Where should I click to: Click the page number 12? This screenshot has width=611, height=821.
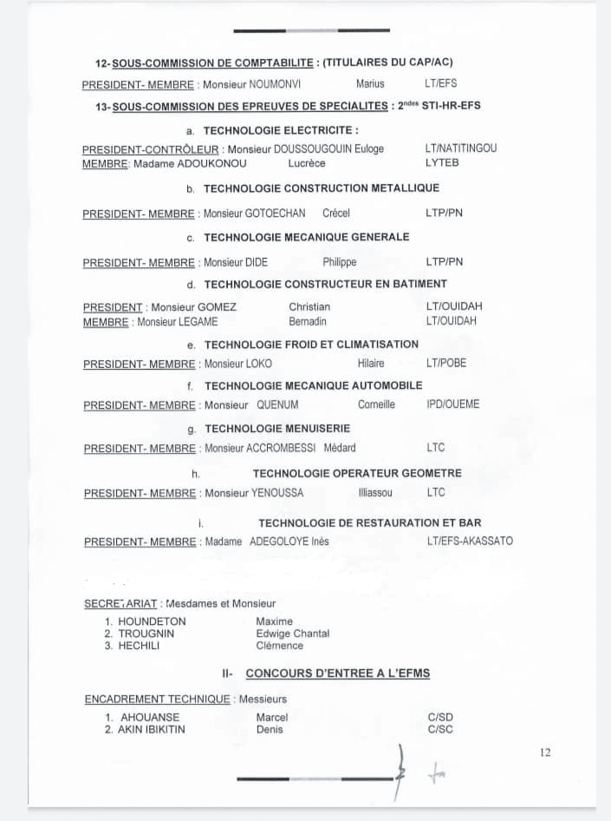click(544, 752)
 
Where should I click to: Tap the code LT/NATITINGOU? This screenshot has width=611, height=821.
click(461, 148)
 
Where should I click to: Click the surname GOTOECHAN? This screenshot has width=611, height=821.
click(276, 213)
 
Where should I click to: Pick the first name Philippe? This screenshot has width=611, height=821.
click(340, 262)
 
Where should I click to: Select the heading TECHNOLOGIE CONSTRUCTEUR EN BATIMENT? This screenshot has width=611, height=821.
click(326, 284)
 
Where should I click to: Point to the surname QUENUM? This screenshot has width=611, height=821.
click(277, 404)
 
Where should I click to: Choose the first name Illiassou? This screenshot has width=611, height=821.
click(375, 493)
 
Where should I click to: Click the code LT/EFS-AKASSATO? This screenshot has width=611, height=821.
click(470, 541)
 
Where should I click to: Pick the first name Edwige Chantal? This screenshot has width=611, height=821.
click(292, 634)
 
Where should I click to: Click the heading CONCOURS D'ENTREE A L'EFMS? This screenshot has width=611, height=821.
click(338, 673)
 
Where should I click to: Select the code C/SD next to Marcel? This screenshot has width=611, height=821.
click(440, 718)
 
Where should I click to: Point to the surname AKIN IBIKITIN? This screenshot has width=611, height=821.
click(152, 730)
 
